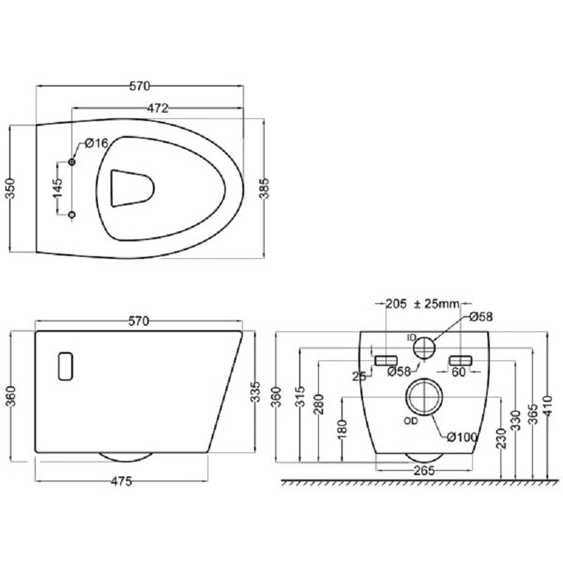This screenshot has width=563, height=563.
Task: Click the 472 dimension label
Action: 158,108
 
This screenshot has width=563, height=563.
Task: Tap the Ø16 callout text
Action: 96,143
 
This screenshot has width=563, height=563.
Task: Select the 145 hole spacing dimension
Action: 58,188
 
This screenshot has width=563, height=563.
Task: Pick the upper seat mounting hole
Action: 72,162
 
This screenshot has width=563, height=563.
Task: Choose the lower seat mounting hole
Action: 72,215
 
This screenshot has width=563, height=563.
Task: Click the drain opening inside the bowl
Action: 132,188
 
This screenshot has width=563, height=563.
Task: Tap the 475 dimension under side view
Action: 121,481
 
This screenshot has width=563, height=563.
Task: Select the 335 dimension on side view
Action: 255,392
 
